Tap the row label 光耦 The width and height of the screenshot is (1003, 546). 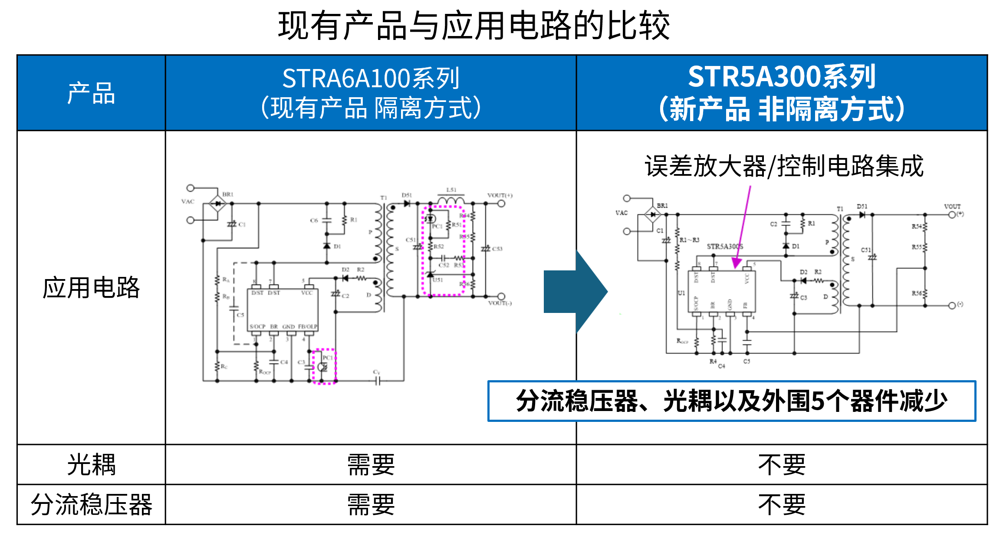[x=91, y=464]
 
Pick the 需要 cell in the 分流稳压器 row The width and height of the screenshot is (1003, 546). [x=371, y=504]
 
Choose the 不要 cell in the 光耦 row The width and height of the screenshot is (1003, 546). [x=782, y=464]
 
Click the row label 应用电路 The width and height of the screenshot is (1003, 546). [x=91, y=287]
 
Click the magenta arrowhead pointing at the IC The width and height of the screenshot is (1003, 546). [x=736, y=263]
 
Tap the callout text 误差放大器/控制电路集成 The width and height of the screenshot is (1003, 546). [x=784, y=166]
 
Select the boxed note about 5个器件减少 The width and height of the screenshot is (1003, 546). [x=732, y=401]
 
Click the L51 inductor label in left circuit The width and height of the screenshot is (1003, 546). [x=451, y=190]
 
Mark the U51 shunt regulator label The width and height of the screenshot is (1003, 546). [x=438, y=280]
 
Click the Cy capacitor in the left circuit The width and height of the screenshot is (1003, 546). [x=377, y=380]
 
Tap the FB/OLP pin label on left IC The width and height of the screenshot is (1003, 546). [x=308, y=326]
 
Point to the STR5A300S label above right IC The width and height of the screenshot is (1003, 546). [x=725, y=247]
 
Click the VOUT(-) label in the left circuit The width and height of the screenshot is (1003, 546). [x=500, y=303]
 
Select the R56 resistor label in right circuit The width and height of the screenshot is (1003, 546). [x=916, y=293]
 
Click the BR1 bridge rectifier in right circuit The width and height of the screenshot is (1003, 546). [x=652, y=214]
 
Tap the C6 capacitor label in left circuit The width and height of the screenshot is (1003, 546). [x=314, y=220]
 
